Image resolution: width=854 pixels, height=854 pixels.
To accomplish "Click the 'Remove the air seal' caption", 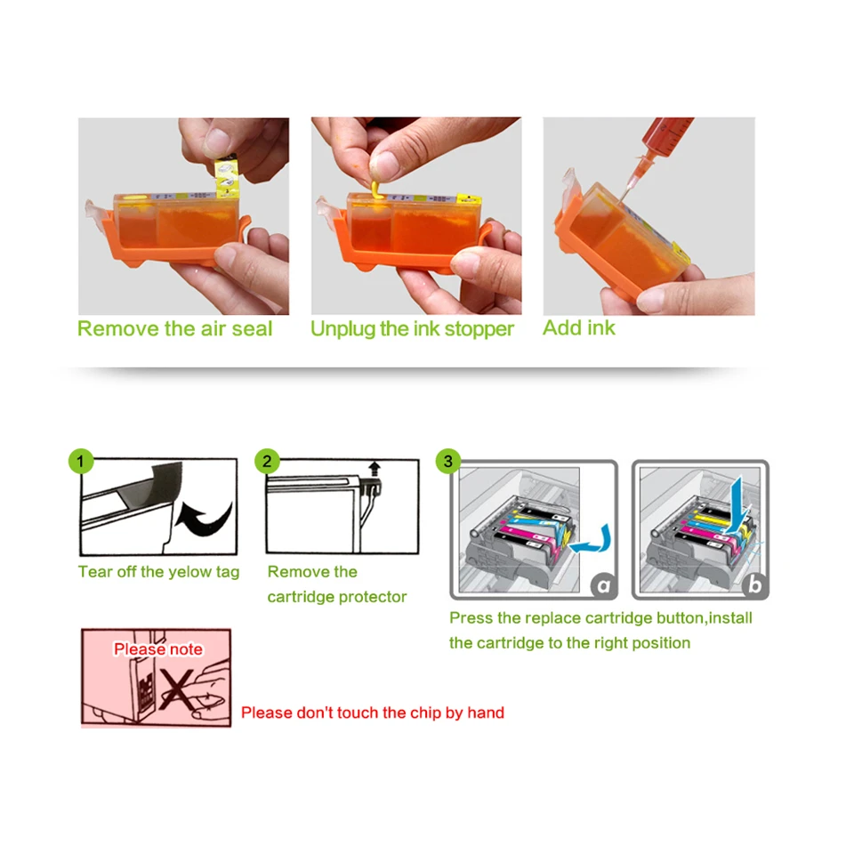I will pyautogui.click(x=174, y=328).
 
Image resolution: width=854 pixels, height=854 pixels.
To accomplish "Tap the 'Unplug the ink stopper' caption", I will pyautogui.click(x=412, y=328).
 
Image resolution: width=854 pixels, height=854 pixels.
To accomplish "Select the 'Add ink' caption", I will pyautogui.click(x=579, y=327).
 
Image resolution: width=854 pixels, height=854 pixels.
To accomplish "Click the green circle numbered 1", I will pyautogui.click(x=81, y=461).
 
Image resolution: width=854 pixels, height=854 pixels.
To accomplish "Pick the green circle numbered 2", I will pyautogui.click(x=268, y=461).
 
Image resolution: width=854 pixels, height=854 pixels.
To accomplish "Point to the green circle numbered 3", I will pyautogui.click(x=448, y=461).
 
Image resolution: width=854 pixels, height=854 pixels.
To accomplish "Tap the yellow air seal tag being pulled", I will pyautogui.click(x=228, y=176).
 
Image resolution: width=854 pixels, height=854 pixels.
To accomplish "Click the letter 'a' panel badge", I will pyautogui.click(x=604, y=585).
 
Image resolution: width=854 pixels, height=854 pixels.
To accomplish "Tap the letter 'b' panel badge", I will pyautogui.click(x=755, y=585).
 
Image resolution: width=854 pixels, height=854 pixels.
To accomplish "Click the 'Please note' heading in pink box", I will pyautogui.click(x=157, y=649).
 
